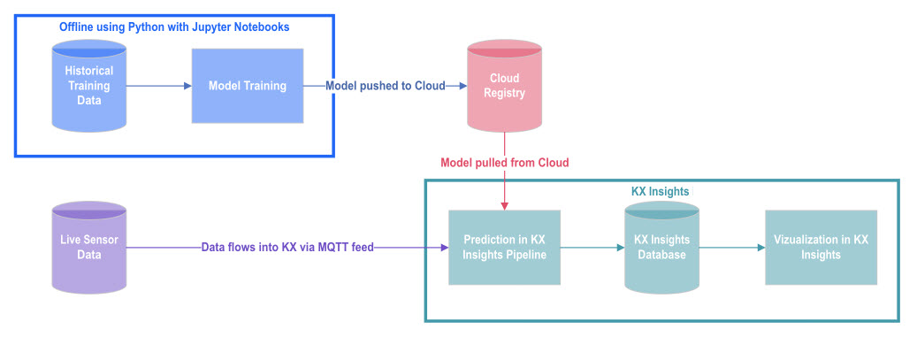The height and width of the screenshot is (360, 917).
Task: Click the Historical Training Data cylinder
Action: pyautogui.click(x=88, y=87)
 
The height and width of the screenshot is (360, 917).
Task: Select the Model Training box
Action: pyautogui.click(x=248, y=86)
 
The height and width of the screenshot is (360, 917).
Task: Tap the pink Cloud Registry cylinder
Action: pyautogui.click(x=504, y=86)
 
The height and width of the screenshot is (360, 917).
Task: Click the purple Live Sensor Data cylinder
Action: pyautogui.click(x=88, y=248)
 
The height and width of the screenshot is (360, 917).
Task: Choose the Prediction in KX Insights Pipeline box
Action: pyautogui.click(x=504, y=248)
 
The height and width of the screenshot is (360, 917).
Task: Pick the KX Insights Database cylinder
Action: pyautogui.click(x=661, y=248)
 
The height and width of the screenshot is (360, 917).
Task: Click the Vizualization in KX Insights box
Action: pyautogui.click(x=821, y=248)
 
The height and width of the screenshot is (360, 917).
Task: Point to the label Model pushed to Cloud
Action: pyautogui.click(x=385, y=86)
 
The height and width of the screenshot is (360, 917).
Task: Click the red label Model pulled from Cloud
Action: pyautogui.click(x=504, y=163)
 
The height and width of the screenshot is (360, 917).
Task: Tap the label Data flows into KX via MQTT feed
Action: pyautogui.click(x=287, y=248)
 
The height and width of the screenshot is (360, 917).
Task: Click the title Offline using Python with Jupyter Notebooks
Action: pyautogui.click(x=174, y=27)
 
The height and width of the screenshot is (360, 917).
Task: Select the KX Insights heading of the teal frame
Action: pyautogui.click(x=660, y=191)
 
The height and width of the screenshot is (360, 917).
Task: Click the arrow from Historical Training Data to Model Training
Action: pyautogui.click(x=159, y=86)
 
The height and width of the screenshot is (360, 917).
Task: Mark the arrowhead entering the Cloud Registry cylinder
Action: pyautogui.click(x=463, y=86)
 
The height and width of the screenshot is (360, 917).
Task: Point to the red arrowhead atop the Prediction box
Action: pyautogui.click(x=504, y=206)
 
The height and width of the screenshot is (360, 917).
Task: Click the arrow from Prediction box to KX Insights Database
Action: pyautogui.click(x=592, y=248)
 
